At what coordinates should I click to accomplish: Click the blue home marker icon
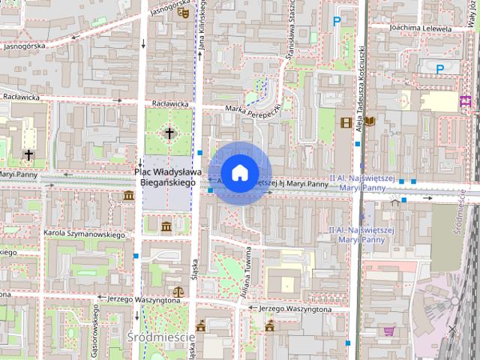tap(239, 172)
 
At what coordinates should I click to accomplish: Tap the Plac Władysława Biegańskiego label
tap(165, 176)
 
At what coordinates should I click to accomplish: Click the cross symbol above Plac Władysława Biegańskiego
tap(169, 134)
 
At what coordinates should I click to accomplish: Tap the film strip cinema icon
tap(346, 122)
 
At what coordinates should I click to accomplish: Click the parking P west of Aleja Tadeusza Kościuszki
tap(337, 22)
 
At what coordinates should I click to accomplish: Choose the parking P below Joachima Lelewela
tap(440, 68)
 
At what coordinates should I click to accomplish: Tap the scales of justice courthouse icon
tap(178, 291)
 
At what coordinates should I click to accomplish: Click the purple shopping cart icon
tap(388, 331)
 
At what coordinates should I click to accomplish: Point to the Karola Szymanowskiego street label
tap(83, 235)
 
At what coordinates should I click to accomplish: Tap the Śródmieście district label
tap(160, 337)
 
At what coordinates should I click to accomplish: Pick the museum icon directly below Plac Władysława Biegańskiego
tap(166, 226)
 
